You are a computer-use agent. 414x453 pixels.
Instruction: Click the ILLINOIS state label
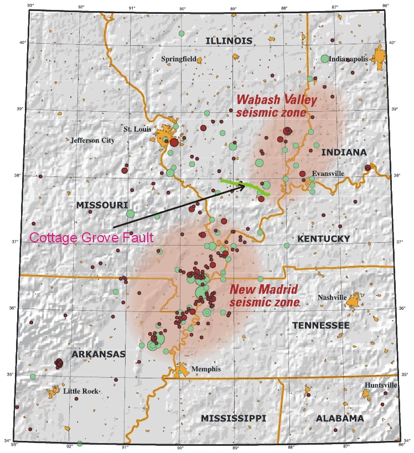229,41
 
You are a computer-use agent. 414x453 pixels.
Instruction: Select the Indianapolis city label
348,59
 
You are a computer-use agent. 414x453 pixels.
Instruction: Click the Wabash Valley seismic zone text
276,106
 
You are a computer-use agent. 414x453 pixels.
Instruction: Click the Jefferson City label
92,140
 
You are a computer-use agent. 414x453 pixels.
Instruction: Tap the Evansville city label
328,173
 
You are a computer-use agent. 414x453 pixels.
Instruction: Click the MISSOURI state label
98,205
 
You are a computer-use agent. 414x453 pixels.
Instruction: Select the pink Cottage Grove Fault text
91,238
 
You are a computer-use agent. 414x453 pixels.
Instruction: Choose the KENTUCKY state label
324,239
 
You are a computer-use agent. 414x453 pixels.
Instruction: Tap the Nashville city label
332,298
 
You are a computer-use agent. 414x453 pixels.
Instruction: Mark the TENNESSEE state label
320,325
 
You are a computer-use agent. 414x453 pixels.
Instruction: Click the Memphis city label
205,369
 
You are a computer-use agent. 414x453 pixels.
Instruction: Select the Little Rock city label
81,391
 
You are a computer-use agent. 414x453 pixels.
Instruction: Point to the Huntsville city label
381,385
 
